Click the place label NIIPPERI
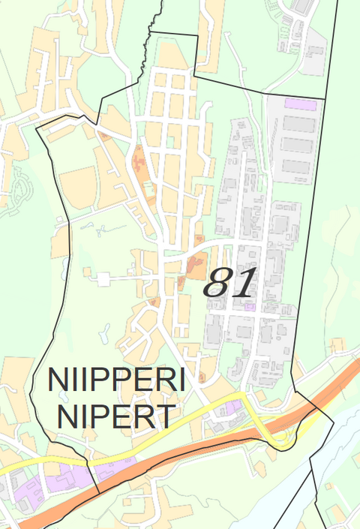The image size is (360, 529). pos(116,380)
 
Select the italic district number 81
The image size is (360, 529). pos(230,284)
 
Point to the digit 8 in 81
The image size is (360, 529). pos(218,284)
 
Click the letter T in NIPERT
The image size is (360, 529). pos(166,416)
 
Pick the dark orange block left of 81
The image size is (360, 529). pos(196,264)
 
